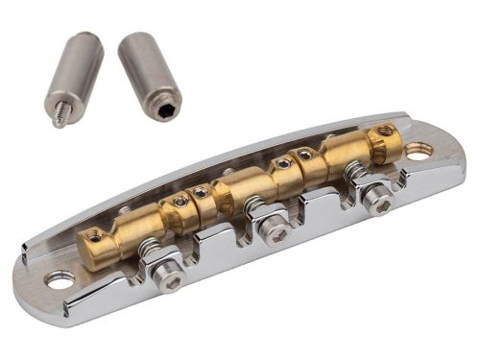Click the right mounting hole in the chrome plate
[418, 151]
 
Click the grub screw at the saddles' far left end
[93, 234]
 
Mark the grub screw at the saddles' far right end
[386, 130]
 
